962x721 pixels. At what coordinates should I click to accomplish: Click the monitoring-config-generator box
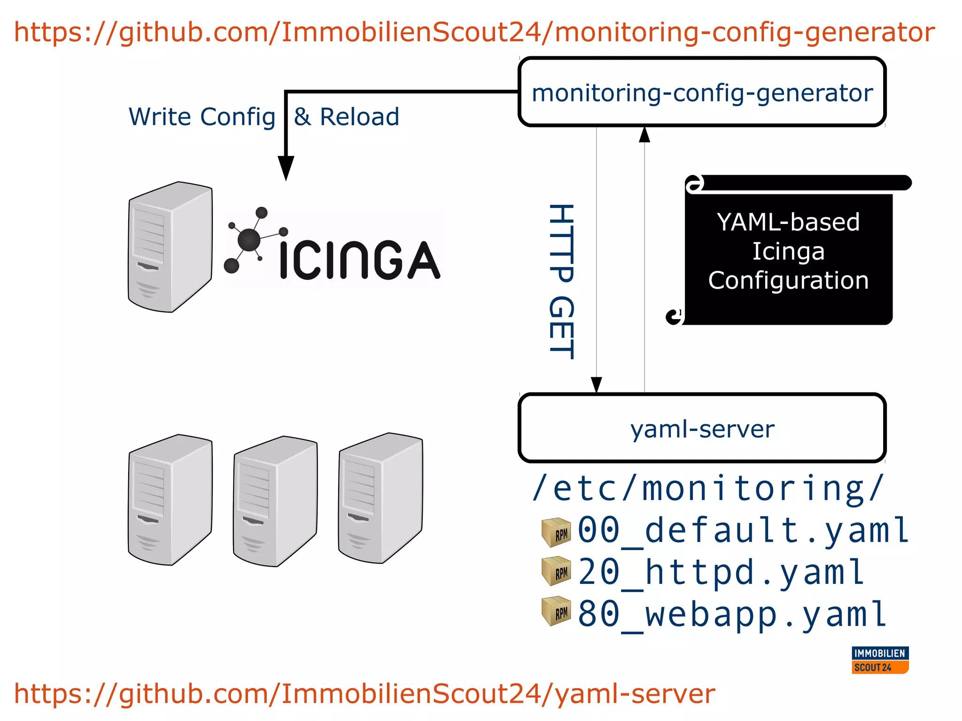tap(702, 92)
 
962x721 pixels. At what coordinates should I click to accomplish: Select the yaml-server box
tap(702, 428)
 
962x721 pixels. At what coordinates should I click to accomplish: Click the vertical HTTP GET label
tap(561, 282)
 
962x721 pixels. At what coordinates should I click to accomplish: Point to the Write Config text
tap(202, 117)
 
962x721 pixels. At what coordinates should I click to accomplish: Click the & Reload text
tap(347, 117)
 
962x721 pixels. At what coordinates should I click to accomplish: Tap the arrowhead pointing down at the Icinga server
tap(286, 168)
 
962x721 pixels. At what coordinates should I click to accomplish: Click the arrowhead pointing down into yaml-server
tap(596, 384)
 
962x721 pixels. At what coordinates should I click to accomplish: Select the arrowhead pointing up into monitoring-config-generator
tap(644, 135)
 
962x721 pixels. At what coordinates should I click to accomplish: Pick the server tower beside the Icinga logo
tap(170, 247)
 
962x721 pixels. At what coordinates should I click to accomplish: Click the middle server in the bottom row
tap(275, 501)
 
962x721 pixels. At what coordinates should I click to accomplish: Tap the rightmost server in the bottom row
tap(380, 498)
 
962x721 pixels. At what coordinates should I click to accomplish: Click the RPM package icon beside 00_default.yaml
tap(556, 532)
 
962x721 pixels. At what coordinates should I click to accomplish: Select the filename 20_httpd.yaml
tap(721, 572)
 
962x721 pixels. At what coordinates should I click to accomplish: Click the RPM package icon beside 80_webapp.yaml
tap(556, 611)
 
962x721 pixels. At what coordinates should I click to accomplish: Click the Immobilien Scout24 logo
tap(880, 660)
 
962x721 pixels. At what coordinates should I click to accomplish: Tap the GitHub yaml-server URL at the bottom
tap(364, 694)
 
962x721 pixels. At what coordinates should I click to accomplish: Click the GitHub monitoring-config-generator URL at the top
tap(474, 32)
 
